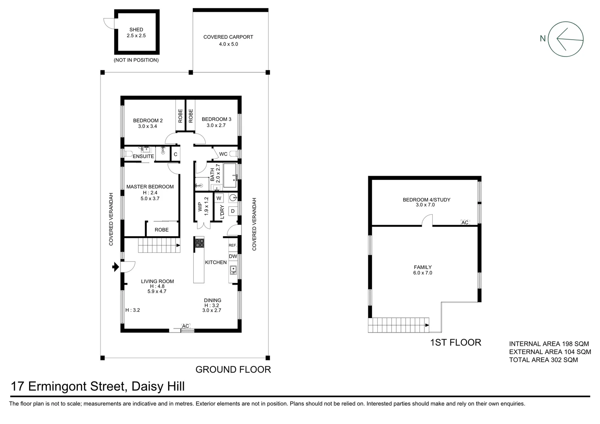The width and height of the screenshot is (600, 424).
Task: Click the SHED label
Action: coord(136,29)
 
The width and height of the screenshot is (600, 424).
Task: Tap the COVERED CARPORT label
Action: coord(228,37)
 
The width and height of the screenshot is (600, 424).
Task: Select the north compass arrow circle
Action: coord(566,39)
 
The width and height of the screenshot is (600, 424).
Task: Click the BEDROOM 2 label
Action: coord(148,121)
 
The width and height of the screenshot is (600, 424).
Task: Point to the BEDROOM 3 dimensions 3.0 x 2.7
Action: coord(216,126)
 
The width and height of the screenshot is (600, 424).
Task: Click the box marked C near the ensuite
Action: coord(176,154)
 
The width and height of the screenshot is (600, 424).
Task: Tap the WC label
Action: coord(223,154)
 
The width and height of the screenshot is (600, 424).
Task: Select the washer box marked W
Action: coord(219,198)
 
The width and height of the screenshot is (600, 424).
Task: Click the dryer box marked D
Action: coord(232,211)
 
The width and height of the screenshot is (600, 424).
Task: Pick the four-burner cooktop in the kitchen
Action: coord(199,243)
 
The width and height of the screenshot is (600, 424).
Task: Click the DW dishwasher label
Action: coord(233,256)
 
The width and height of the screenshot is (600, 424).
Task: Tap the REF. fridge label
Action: coord(233,245)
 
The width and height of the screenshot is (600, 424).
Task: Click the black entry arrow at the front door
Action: coord(115,267)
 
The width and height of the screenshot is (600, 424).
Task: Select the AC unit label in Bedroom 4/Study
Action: coord(465,222)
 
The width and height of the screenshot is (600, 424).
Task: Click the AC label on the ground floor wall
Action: coord(186,326)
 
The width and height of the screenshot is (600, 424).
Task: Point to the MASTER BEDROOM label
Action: coord(150,187)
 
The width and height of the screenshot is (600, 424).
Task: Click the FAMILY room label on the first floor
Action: coord(423,267)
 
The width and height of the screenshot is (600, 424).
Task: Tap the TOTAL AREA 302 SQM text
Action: coord(543,360)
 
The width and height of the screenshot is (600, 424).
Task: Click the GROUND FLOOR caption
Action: coord(233,369)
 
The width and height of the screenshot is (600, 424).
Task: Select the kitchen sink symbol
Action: coord(233,270)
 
